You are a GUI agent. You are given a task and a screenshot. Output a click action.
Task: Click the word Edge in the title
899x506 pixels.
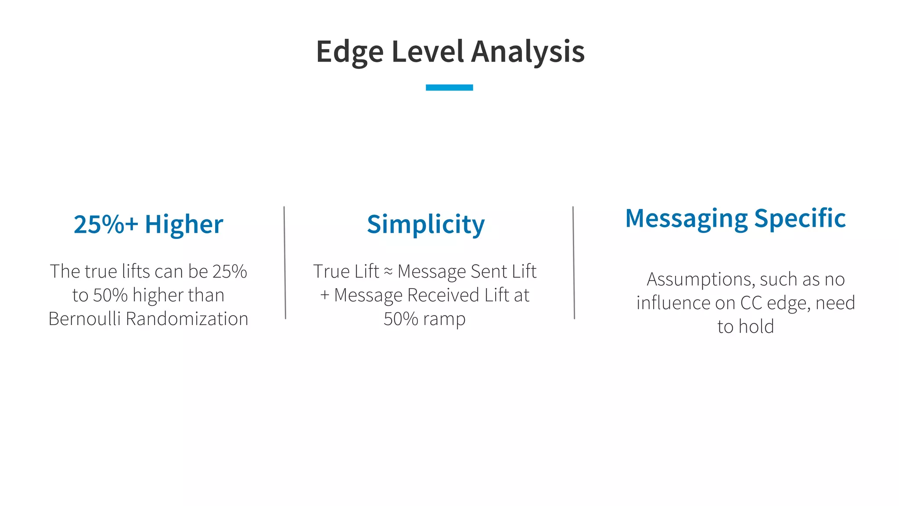click(349, 52)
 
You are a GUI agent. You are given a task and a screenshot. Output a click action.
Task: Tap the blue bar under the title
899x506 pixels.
click(449, 87)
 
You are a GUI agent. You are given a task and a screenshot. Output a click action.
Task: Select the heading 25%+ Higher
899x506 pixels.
click(148, 224)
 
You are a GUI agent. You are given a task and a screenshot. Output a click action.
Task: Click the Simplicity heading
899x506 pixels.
click(426, 224)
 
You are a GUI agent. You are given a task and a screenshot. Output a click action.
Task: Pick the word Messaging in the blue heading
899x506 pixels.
click(686, 218)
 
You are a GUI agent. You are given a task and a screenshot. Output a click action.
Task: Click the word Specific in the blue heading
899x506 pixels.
click(800, 218)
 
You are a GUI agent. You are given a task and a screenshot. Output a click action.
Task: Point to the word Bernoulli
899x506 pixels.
click(84, 319)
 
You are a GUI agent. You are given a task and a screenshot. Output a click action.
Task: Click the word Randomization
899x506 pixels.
click(187, 319)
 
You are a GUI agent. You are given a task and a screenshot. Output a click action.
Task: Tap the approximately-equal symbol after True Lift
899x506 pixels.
click(388, 272)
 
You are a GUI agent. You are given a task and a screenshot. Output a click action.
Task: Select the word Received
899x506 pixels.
click(443, 295)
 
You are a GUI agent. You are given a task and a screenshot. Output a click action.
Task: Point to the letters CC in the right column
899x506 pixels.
click(751, 303)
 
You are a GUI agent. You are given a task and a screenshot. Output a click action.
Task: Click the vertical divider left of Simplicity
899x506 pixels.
click(285, 263)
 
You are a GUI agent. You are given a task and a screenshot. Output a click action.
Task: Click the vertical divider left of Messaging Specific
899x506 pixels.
click(574, 263)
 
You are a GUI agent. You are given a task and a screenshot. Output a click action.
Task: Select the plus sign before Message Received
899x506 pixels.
click(324, 295)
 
